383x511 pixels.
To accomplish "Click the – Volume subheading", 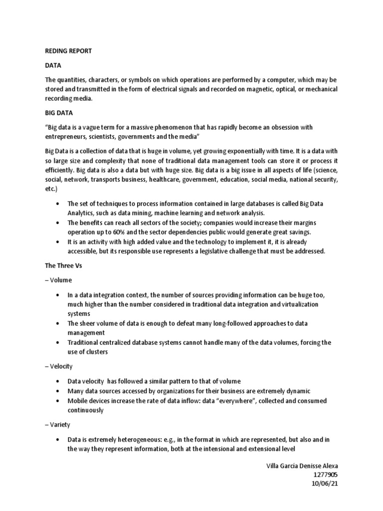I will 58,280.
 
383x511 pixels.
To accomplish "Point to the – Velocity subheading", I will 59,367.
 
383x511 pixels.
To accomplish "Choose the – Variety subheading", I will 58,425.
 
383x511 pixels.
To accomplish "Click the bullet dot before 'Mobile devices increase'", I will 58,401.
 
